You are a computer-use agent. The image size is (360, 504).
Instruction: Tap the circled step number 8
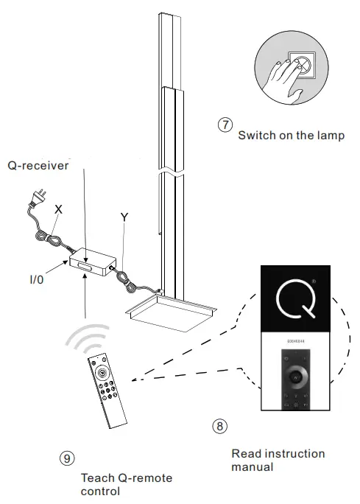coord(219,425)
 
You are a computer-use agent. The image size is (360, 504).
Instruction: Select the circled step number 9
coord(66,458)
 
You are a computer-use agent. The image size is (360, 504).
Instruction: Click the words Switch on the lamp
coord(291,136)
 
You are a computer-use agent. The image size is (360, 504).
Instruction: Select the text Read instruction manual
coord(278,460)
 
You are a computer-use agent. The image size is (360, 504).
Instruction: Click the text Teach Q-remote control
coord(126,485)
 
